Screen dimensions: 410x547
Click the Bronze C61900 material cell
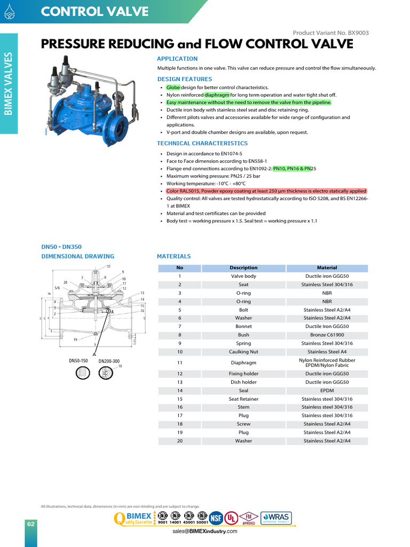point(327,335)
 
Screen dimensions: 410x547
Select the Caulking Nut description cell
point(243,352)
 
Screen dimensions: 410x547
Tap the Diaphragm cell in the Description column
point(243,363)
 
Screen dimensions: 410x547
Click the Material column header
point(327,268)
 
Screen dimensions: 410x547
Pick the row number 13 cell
point(179,382)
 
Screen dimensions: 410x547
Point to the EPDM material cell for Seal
point(327,390)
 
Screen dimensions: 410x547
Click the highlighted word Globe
point(174,87)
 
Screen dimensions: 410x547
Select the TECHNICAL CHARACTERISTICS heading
point(202,143)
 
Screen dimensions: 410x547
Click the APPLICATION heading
point(177,59)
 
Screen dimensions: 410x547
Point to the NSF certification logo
point(216,517)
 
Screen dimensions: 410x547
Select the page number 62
point(31,524)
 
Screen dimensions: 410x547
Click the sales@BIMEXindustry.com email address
point(204,532)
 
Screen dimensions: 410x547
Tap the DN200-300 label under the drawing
point(109,361)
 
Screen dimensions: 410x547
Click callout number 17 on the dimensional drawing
point(108,267)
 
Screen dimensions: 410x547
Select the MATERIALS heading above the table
point(174,256)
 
